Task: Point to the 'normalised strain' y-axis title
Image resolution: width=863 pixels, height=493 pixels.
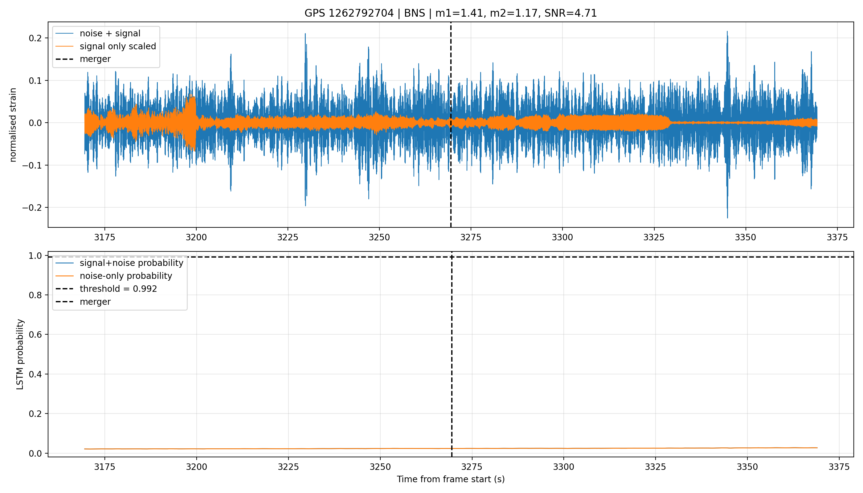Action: coord(13,125)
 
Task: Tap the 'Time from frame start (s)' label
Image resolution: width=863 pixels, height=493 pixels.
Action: coord(451,479)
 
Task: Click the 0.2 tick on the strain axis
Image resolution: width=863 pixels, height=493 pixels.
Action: coord(35,38)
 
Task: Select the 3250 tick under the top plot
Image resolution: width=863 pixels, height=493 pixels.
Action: coord(379,237)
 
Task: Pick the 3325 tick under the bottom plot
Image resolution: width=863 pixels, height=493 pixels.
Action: coord(655,467)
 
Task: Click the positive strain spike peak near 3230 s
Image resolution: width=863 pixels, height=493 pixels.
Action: coord(305,34)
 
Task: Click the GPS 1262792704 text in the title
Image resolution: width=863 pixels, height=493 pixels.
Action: coord(349,13)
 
